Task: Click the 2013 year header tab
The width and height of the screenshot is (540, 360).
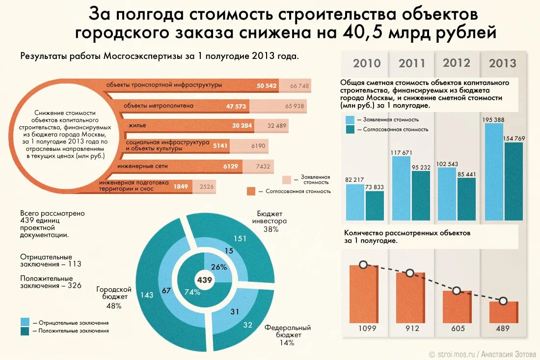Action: point(502,63)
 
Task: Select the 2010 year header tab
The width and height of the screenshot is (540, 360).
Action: point(367,63)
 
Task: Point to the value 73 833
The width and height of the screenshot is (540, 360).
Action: point(375,187)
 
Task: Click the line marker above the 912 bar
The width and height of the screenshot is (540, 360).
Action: point(409,273)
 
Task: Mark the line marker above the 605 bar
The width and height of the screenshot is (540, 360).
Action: point(456,291)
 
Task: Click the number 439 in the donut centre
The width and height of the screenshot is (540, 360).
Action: point(204,280)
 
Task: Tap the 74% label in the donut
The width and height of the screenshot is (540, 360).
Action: point(192,292)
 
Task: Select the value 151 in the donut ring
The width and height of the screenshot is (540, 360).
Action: point(240,239)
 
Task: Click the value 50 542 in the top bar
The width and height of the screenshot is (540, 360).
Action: point(267,85)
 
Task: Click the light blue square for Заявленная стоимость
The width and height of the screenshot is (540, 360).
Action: point(350,119)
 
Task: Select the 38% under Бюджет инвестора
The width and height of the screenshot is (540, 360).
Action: point(271,229)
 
